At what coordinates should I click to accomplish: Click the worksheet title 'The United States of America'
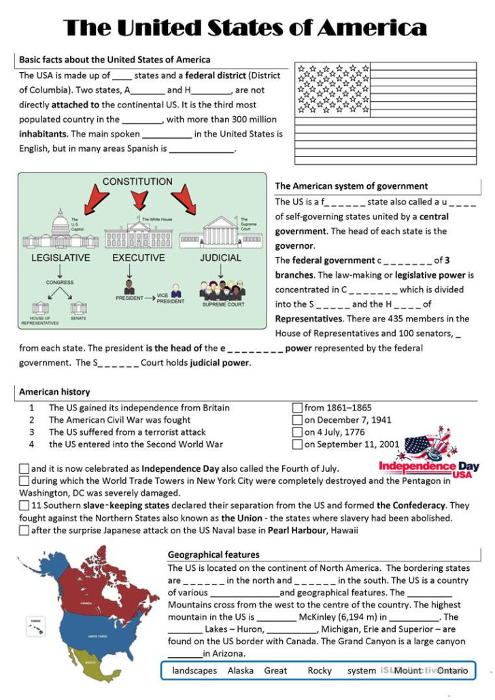pyautogui.click(x=245, y=28)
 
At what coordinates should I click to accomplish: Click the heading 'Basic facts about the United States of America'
pyautogui.click(x=114, y=60)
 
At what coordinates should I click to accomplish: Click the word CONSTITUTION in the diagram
pyautogui.click(x=137, y=181)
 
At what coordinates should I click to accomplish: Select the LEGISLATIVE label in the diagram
pyautogui.click(x=61, y=258)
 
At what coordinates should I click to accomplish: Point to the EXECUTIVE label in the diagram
pyautogui.click(x=138, y=258)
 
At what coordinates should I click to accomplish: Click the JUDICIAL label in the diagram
pyautogui.click(x=220, y=258)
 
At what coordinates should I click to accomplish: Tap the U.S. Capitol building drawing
pyautogui.click(x=59, y=232)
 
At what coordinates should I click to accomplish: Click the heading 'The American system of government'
pyautogui.click(x=351, y=186)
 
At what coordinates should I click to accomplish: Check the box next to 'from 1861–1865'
pyautogui.click(x=297, y=408)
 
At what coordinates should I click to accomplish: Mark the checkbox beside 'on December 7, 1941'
pyautogui.click(x=297, y=420)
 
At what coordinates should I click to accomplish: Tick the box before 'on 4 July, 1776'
pyautogui.click(x=297, y=432)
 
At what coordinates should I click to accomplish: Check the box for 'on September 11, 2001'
pyautogui.click(x=297, y=444)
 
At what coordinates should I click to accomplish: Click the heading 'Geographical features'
pyautogui.click(x=214, y=555)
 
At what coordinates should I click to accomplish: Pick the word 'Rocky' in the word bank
pyautogui.click(x=320, y=670)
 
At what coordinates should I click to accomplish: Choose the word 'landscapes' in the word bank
pyautogui.click(x=194, y=670)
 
